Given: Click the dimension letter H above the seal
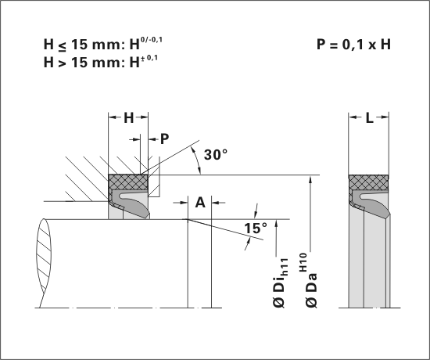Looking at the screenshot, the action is [129, 118].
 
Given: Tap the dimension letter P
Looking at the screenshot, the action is [164, 139].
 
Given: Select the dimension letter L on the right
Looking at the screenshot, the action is [369, 118].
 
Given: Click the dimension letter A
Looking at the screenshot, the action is [200, 203].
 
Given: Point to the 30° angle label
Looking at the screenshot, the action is [216, 155].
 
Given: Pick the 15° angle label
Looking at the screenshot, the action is [256, 229].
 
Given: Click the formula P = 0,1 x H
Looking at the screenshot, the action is [353, 44].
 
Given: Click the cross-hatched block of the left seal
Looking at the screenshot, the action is [128, 182].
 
